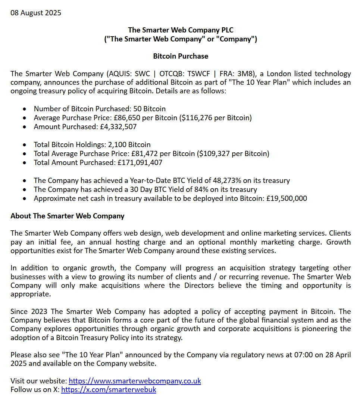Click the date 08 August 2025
pos(36,13)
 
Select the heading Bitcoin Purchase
pos(181,56)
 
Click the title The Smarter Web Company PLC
pos(181,30)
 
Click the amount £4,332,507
pos(118,127)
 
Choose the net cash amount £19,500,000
pos(287,198)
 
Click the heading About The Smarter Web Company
pos(68,216)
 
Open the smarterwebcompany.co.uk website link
pos(135,381)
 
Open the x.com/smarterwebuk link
pos(109,390)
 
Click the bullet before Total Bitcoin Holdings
pos(25,145)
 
